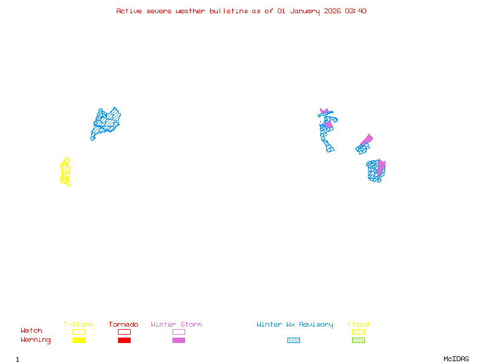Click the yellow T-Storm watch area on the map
(65, 172)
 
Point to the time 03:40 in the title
(355, 11)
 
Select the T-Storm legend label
(78, 325)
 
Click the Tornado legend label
(123, 325)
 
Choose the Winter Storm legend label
(176, 325)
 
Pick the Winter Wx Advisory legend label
(295, 325)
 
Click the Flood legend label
(358, 325)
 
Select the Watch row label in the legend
(31, 331)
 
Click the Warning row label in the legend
(36, 340)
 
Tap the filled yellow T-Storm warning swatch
(79, 341)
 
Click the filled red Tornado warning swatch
(124, 341)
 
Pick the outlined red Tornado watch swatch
(124, 332)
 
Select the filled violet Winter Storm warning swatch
(178, 341)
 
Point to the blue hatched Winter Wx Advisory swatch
(293, 341)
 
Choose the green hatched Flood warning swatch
(358, 341)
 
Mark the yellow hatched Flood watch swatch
(358, 332)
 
